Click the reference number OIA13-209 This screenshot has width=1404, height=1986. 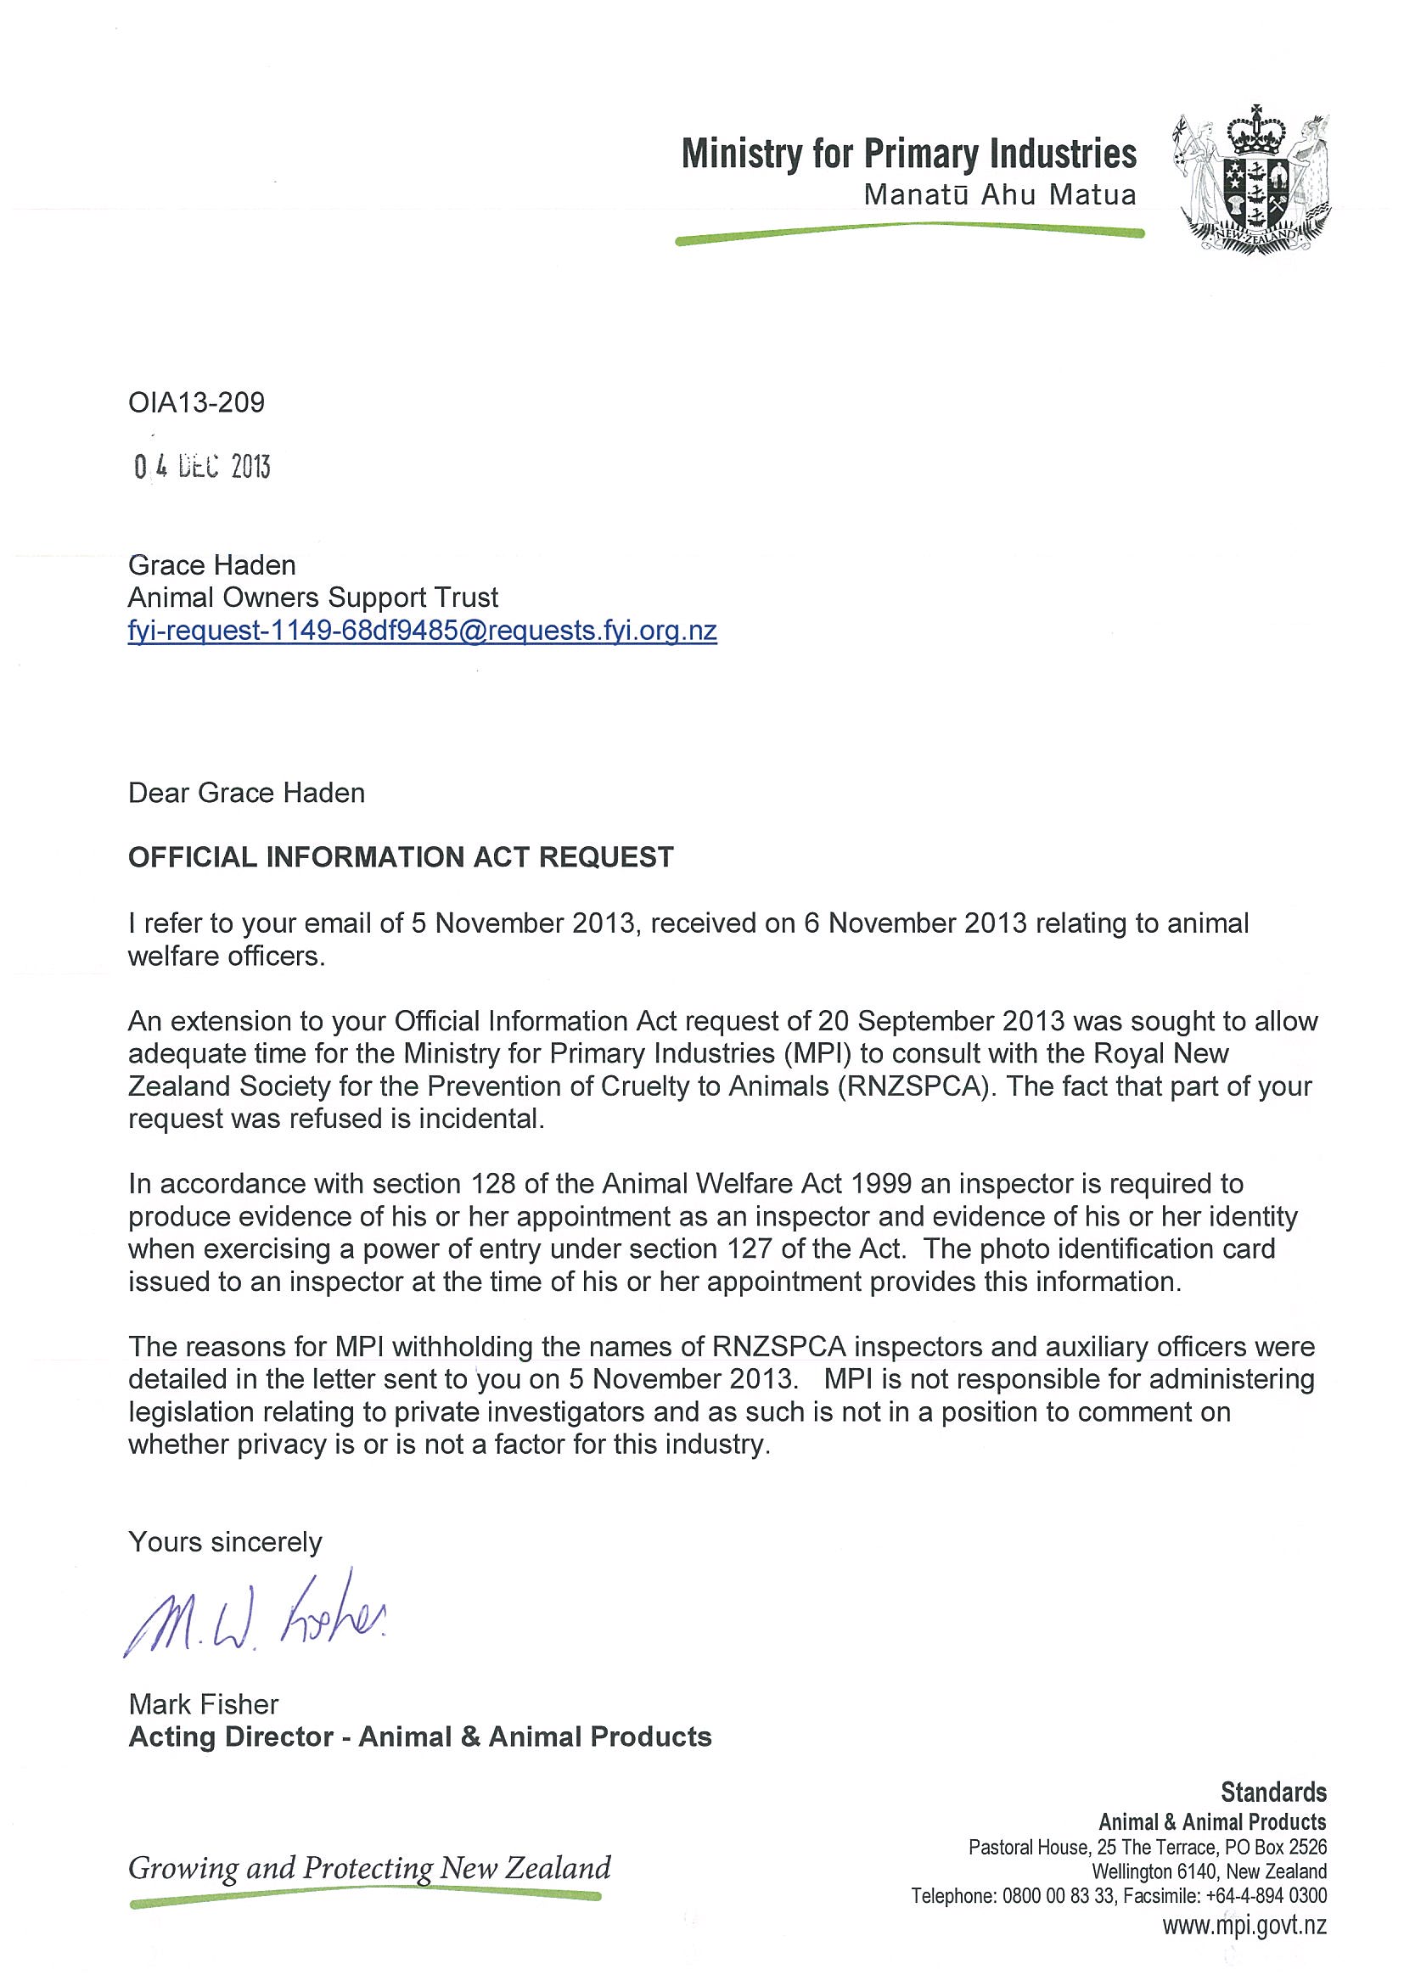(196, 402)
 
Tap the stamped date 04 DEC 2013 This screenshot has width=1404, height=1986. (202, 467)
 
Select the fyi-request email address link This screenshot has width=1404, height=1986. (422, 631)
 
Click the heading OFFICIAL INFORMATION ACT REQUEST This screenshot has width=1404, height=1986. (401, 857)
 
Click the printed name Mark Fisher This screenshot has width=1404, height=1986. (203, 1704)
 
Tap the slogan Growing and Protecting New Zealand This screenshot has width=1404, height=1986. (369, 1867)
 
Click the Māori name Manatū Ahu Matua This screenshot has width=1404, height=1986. (999, 195)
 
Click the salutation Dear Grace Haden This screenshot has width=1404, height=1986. (246, 794)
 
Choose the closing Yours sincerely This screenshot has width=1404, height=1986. (225, 1542)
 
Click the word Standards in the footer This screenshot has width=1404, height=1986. (1273, 1792)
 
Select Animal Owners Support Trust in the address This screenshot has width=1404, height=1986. (313, 597)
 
